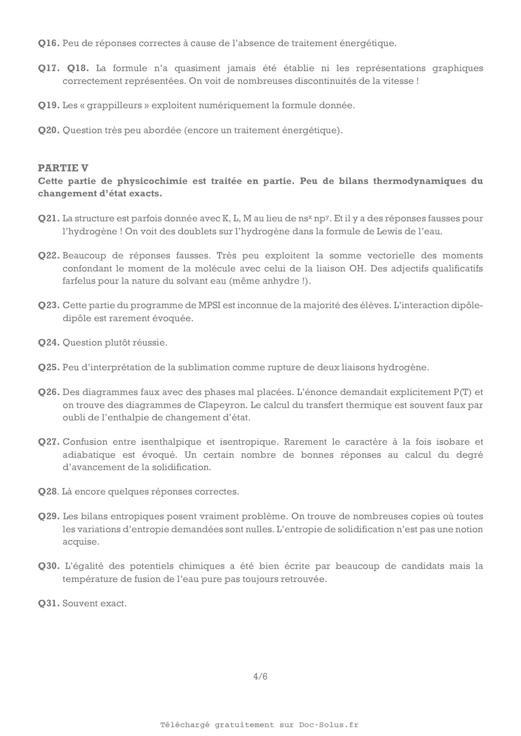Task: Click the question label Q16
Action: coord(48,44)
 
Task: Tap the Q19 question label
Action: coord(48,106)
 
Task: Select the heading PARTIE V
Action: coord(63,168)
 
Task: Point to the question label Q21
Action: coord(48,219)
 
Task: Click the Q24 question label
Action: coord(48,343)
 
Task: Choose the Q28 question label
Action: coord(47,492)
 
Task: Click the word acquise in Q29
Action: coord(80,542)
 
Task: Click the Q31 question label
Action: coord(48,604)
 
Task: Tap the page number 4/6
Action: coord(260,677)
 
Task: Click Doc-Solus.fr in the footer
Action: coord(329,725)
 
